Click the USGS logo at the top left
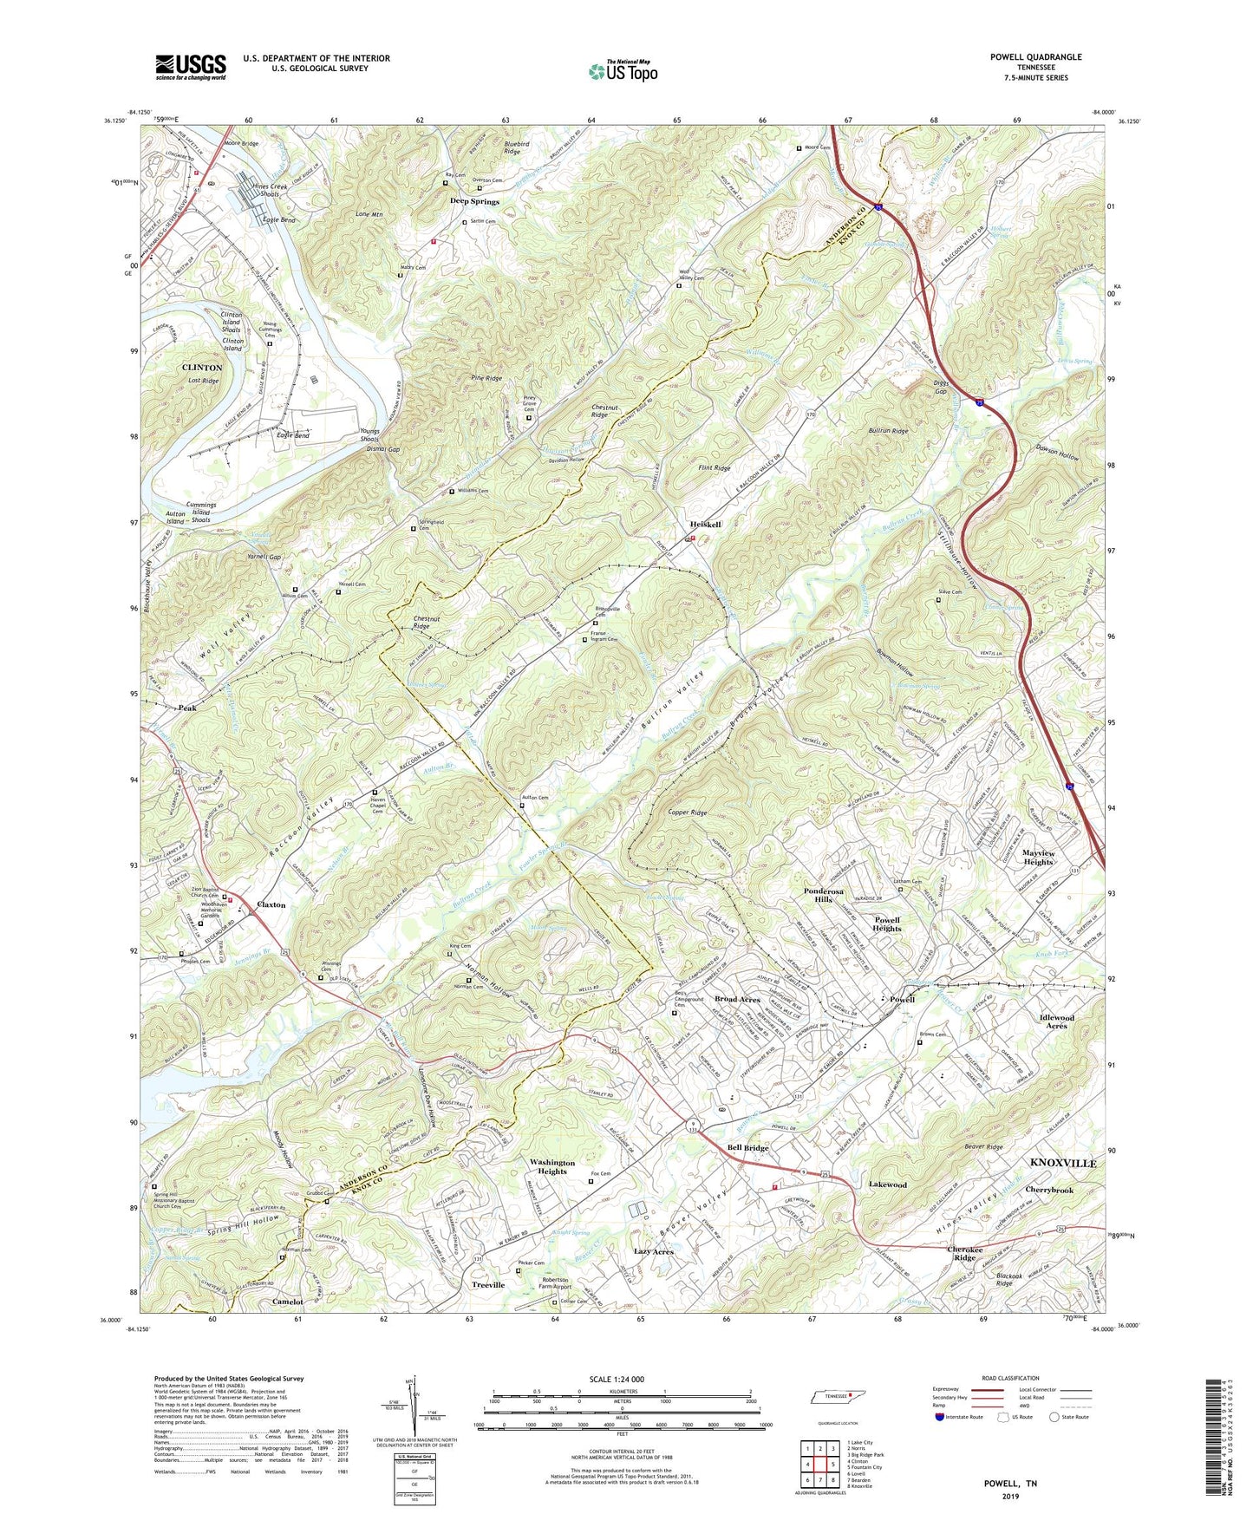tap(191, 67)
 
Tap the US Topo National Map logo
tap(622, 70)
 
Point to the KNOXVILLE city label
tap(1062, 1163)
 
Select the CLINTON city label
tap(202, 368)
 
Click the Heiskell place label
tap(705, 525)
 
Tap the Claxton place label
tap(271, 904)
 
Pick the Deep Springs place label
tap(474, 201)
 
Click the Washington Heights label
tap(552, 1166)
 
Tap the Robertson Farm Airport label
tap(545, 1283)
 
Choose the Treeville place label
tap(488, 1285)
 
